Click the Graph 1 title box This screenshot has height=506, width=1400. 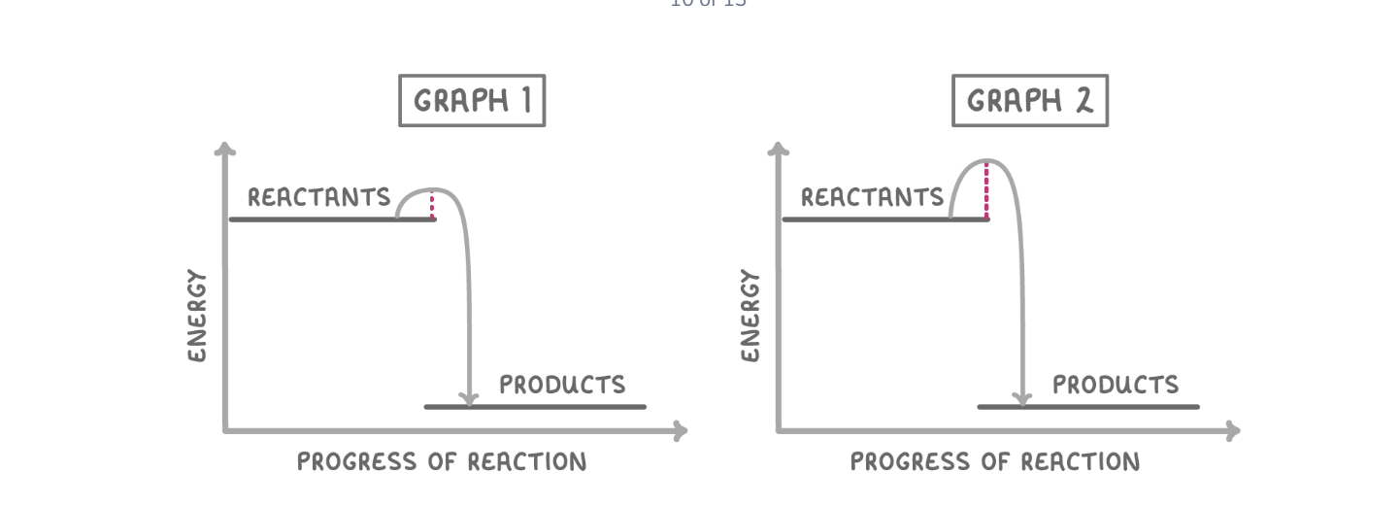click(x=472, y=101)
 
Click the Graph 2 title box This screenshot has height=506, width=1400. click(x=1029, y=101)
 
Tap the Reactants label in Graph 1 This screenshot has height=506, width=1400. click(x=318, y=197)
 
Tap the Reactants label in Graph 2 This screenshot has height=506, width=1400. click(x=872, y=197)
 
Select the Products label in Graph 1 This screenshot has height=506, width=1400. click(x=562, y=385)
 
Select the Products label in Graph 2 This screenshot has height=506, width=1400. click(x=1116, y=385)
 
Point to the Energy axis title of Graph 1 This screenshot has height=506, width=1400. click(x=197, y=316)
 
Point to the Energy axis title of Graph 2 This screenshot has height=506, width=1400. click(x=750, y=316)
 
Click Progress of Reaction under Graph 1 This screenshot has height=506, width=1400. click(x=442, y=461)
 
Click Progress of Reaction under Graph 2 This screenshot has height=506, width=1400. click(x=995, y=461)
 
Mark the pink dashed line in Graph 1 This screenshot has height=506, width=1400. click(x=432, y=205)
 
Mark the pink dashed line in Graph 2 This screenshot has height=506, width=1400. click(x=986, y=191)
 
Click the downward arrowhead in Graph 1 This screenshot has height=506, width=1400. click(x=470, y=398)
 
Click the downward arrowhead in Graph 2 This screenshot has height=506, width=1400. click(x=1021, y=398)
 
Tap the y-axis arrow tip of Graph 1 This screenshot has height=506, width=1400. click(x=225, y=149)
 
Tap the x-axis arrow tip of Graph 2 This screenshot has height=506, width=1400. click(x=1234, y=430)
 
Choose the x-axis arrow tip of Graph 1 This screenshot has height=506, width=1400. click(x=681, y=430)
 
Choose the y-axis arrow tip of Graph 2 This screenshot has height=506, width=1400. click(x=779, y=149)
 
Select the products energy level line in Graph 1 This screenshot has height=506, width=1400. click(x=535, y=407)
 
